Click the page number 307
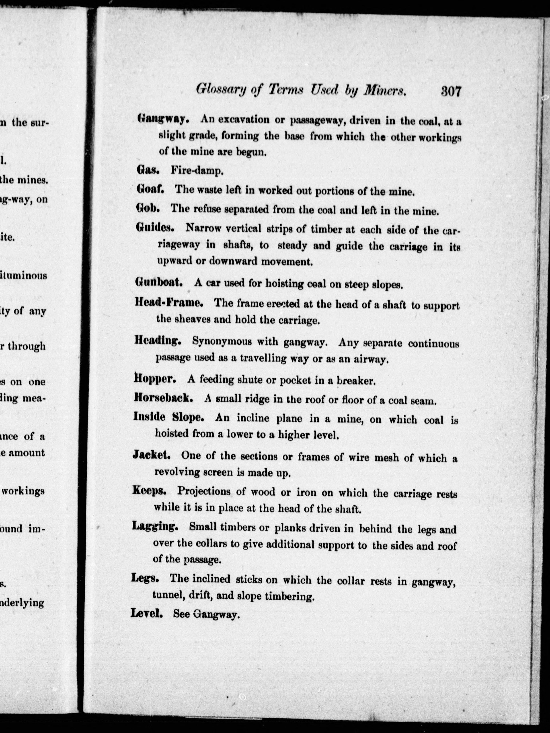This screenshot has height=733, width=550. pos(451,91)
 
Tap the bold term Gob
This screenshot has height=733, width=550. pos(148,208)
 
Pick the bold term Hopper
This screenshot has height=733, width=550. pos(155,379)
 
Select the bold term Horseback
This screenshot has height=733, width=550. pos(163,398)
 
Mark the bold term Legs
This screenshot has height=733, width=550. pos(145,579)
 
